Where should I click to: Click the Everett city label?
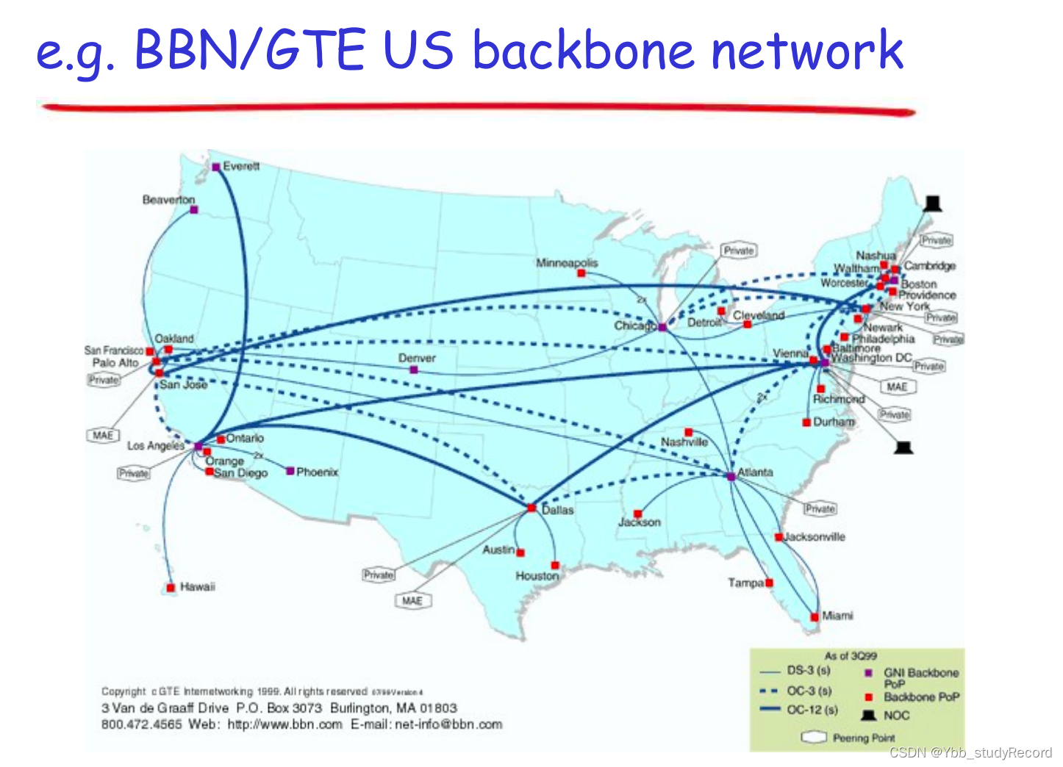241,167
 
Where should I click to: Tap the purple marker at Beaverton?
194,210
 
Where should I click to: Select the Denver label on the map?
417,358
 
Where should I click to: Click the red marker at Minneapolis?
581,273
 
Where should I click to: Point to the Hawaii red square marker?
171,588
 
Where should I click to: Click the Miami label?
837,616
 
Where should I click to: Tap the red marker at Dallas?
531,508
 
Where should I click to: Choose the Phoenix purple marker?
290,471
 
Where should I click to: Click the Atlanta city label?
755,472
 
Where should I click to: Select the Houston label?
537,576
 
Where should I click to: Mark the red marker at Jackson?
637,514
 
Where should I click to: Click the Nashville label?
684,442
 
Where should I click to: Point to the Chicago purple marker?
662,327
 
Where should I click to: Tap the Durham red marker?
806,422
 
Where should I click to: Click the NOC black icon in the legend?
869,715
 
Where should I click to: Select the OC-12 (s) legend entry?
812,710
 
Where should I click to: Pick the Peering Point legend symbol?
814,737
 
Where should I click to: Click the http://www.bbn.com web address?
284,724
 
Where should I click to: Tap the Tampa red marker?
770,583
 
